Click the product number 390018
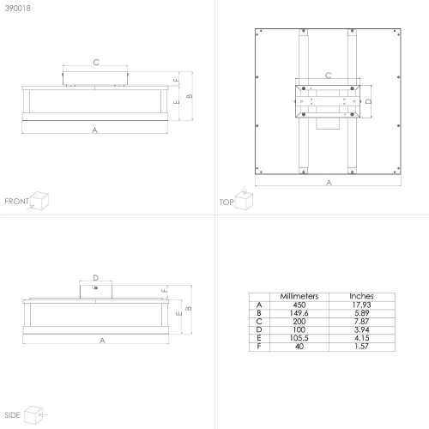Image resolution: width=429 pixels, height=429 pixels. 18,8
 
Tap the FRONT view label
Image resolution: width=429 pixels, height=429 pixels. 16,202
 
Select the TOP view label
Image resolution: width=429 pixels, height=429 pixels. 227,202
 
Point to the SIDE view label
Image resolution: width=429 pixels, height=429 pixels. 12,415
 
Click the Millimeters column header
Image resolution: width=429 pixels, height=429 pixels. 299,296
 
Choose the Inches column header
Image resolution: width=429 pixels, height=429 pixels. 361,296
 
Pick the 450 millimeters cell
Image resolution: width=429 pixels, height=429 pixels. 299,305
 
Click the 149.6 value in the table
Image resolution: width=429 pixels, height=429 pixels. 299,313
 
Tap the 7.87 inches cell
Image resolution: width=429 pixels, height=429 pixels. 361,322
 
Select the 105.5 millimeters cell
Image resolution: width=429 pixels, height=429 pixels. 299,338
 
